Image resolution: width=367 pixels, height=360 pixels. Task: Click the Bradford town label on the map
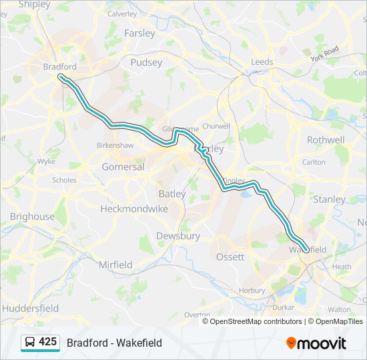tap(59, 67)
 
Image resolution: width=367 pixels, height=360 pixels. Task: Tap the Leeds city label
tap(262, 62)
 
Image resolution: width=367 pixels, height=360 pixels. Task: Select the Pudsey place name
tap(146, 62)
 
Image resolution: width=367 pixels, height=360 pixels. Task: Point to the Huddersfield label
tap(30, 308)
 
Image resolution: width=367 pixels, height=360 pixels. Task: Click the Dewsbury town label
tap(178, 236)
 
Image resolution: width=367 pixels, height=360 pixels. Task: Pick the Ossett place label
tap(230, 257)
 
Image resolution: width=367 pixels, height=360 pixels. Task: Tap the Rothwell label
tap(326, 140)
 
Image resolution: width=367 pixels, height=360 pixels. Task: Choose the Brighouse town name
tap(32, 217)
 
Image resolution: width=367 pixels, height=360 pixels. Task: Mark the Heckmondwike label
tap(134, 209)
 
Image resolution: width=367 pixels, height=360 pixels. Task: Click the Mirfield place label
tap(115, 265)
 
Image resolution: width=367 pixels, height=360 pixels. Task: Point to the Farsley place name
tap(139, 33)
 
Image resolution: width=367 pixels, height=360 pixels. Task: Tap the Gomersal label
tap(123, 167)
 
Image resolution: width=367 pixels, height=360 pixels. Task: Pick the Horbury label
tap(252, 291)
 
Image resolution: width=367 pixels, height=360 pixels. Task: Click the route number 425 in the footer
tap(47, 342)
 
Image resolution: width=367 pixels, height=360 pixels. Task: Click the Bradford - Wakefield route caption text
tap(114, 343)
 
